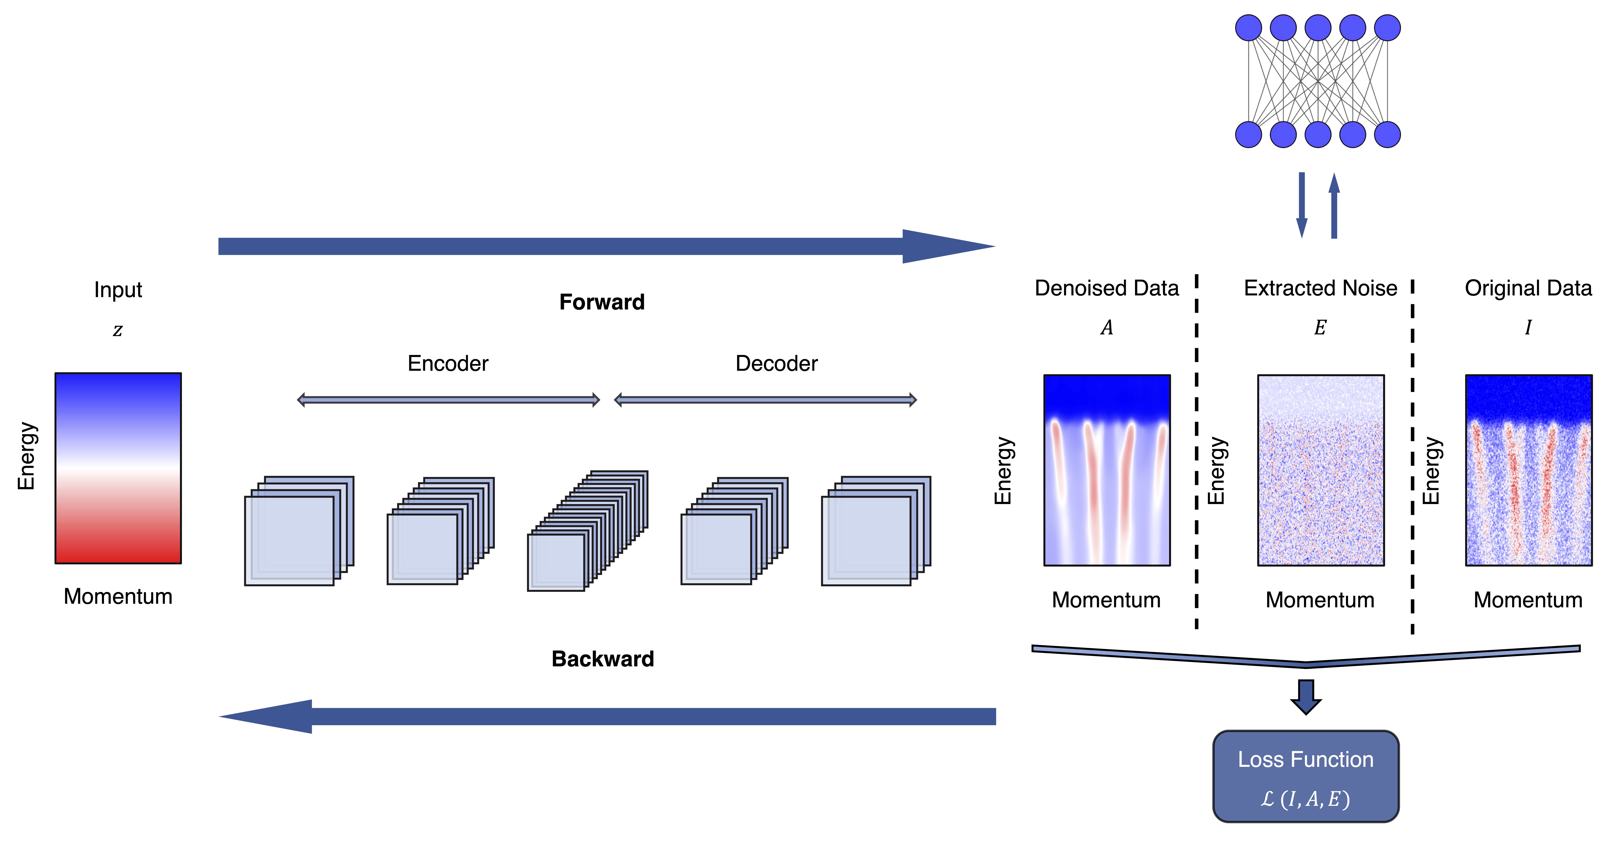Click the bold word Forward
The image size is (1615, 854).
pos(602,302)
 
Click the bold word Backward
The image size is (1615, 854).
pos(603,659)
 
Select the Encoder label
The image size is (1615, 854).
pos(448,364)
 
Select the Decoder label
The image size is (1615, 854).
pos(776,364)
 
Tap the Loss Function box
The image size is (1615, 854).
pos(1306,776)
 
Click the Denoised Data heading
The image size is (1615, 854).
pos(1107,288)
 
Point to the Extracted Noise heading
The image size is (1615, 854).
pos(1320,288)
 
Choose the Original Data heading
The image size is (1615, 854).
pos(1528,288)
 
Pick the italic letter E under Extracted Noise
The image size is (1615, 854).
pos(1320,327)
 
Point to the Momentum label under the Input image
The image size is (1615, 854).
pos(118,596)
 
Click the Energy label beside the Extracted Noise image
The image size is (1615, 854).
pos(1216,470)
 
